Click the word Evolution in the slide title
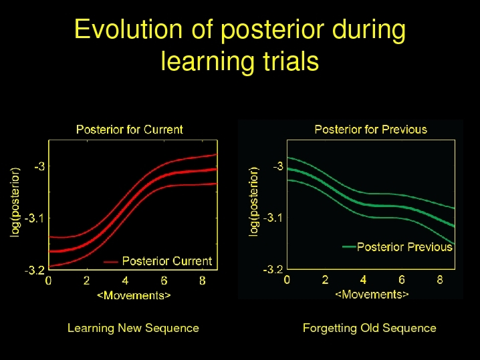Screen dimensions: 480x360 [128, 29]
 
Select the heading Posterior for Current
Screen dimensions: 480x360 [130, 130]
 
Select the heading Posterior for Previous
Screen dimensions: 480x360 [371, 130]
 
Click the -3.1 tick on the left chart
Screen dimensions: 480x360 [35, 218]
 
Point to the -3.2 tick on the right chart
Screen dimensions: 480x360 [273, 269]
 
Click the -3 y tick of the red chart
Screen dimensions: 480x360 [39, 166]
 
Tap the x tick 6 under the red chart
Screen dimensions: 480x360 [164, 280]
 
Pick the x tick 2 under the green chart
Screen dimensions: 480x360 [325, 280]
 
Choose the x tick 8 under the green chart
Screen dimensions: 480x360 [440, 280]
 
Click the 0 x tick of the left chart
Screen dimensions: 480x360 [48, 280]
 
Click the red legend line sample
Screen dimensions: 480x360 [110, 262]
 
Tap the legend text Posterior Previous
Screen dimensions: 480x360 [404, 247]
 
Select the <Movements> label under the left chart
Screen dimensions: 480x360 [134, 295]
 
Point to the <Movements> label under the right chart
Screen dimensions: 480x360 [372, 295]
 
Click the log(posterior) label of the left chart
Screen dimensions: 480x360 [15, 202]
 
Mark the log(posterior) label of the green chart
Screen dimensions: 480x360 [254, 201]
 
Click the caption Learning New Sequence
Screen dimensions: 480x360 [133, 328]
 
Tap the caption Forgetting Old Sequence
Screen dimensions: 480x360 [370, 328]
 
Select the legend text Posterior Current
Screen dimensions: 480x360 [167, 261]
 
